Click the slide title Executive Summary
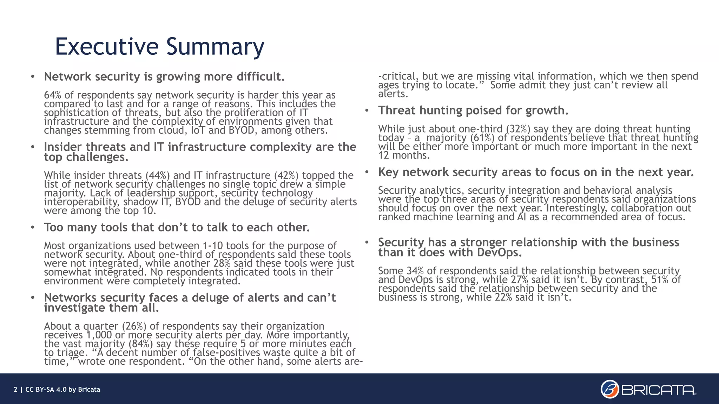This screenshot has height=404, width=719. [x=159, y=46]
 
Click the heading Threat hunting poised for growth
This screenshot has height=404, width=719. [x=473, y=110]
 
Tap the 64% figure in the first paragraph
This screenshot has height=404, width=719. [x=51, y=95]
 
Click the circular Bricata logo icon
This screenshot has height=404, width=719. [x=609, y=389]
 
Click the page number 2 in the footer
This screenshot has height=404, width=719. [x=15, y=390]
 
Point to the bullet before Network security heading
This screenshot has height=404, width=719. [x=33, y=77]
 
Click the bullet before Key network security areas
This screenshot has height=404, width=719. [x=367, y=172]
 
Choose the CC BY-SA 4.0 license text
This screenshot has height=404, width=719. [x=46, y=390]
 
